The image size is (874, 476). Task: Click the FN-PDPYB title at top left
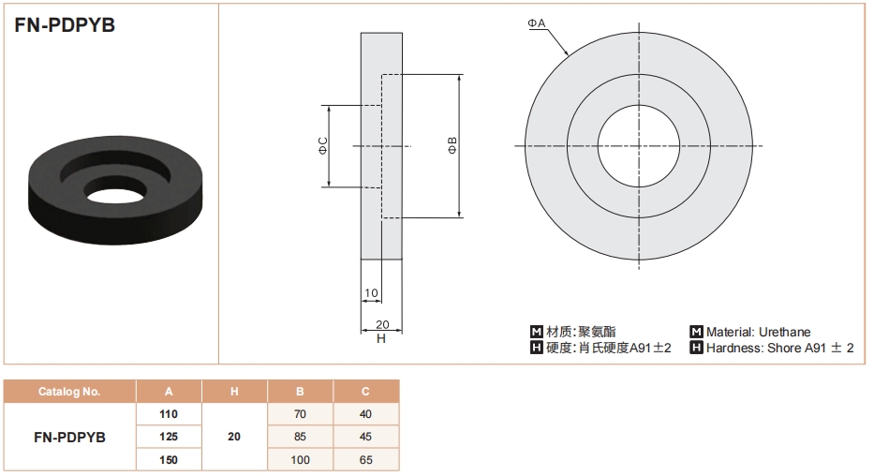tap(65, 26)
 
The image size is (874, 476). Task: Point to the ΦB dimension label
tap(452, 145)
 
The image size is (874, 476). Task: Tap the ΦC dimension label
tap(322, 145)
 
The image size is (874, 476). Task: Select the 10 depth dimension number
tap(371, 293)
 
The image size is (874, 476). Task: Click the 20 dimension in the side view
tap(381, 324)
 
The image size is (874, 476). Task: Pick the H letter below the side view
tap(381, 338)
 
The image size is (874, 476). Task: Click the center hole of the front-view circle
tap(639, 145)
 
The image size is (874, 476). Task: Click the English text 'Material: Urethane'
tap(758, 332)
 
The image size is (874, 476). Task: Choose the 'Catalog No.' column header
tap(69, 392)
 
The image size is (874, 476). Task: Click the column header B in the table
tap(300, 392)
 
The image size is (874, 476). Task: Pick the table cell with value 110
tap(169, 413)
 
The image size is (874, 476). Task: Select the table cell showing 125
tap(169, 437)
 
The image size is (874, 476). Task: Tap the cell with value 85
tap(300, 437)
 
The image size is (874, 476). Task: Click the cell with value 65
tap(365, 460)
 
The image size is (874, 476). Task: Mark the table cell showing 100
tap(300, 460)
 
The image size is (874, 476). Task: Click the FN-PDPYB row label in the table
tap(69, 437)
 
